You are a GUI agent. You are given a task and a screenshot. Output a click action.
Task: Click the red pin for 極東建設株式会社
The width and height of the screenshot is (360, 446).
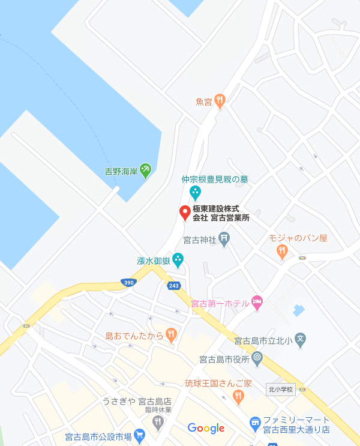(x=185, y=212)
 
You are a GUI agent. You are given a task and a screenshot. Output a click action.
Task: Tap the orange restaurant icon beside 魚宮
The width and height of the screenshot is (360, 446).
(x=220, y=101)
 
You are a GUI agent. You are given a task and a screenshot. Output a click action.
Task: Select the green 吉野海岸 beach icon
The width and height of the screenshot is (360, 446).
(x=145, y=172)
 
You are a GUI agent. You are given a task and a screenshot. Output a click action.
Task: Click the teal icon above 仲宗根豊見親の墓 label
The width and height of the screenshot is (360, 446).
(x=195, y=193)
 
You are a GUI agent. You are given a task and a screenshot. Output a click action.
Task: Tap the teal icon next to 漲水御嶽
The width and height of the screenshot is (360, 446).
(x=178, y=260)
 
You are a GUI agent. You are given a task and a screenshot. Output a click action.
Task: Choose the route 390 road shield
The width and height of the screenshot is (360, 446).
(x=127, y=282)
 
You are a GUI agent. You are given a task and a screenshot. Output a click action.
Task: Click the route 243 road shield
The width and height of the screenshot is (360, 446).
(x=174, y=286)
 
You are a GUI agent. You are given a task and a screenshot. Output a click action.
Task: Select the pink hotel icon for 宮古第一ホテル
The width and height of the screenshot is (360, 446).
(x=257, y=303)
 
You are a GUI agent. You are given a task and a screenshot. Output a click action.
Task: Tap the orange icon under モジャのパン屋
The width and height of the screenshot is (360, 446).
(x=283, y=252)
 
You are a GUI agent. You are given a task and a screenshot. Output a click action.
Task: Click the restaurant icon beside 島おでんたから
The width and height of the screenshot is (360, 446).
(x=172, y=335)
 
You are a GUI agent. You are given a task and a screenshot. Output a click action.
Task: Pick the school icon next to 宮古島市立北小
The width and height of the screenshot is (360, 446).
(x=301, y=340)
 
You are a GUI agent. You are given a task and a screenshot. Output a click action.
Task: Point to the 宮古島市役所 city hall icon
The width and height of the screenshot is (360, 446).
(x=257, y=359)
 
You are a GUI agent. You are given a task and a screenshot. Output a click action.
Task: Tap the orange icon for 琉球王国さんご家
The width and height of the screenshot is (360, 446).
(x=238, y=396)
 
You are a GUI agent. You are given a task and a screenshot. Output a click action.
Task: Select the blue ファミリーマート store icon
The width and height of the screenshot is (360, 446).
(x=255, y=424)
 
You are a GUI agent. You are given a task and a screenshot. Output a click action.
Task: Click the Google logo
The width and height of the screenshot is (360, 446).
(x=206, y=428)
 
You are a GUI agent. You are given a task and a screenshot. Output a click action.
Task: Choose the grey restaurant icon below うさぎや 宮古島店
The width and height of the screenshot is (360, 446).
(x=158, y=423)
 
